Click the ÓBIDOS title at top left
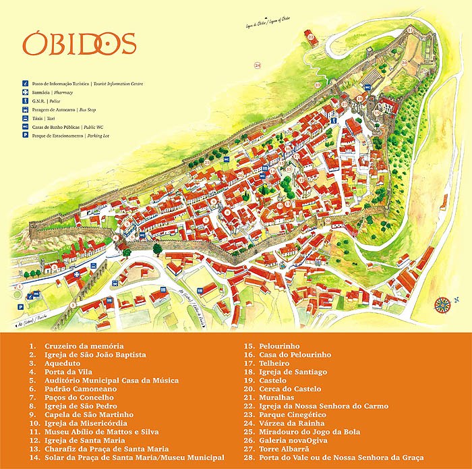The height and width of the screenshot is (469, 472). point(79,43)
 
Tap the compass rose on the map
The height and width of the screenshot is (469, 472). point(442,304)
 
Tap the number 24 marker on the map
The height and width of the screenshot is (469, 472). point(257,65)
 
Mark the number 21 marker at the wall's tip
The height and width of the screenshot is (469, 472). point(410,30)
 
